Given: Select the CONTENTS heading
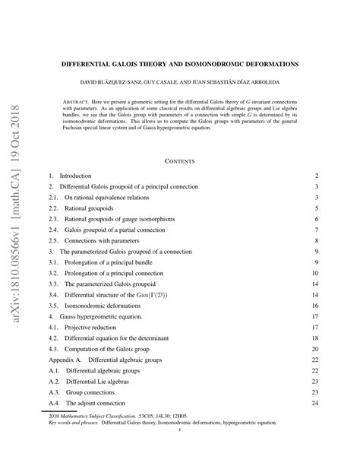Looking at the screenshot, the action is click(x=179, y=161).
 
